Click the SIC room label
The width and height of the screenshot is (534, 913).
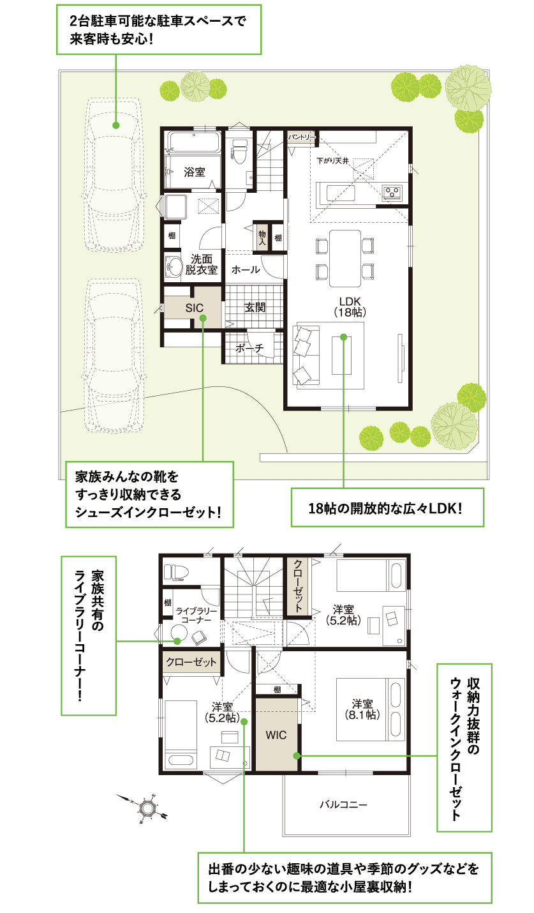[194, 307]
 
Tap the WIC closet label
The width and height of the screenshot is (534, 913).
[276, 735]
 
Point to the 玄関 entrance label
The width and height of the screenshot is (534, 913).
[255, 307]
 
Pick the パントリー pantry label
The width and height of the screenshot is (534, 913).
[301, 137]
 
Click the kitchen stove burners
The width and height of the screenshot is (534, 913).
[392, 191]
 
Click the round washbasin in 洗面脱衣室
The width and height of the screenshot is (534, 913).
[173, 266]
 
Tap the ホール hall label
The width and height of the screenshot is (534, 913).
[246, 270]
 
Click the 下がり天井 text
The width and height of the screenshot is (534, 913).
[332, 162]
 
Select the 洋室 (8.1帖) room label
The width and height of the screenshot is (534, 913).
[362, 709]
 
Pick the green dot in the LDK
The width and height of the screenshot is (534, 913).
[343, 336]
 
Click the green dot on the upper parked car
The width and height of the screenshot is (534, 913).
[116, 125]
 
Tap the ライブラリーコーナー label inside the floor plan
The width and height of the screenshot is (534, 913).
[197, 616]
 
